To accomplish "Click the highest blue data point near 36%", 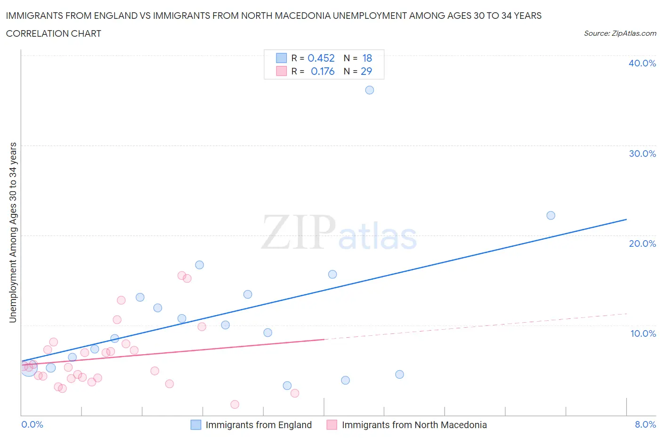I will pos(370,90).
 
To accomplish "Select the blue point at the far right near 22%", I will pos(551,215).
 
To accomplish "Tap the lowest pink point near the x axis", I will pos(235,404).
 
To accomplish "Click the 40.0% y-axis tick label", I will pos(642,63).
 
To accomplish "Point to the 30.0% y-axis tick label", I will pos(642,154).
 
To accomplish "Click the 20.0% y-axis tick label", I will pos(642,243).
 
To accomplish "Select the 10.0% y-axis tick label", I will pos(643,333).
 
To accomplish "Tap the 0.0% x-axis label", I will pos(32,424).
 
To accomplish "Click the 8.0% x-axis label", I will pos(645,424).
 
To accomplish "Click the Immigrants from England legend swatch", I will pos(196,425).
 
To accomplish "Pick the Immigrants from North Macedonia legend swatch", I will pos(332,425).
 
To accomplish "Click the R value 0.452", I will pos(321,58).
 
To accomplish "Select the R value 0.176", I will pos(323,71).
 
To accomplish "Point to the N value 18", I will pos(367,58).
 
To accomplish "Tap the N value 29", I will pos(366,71).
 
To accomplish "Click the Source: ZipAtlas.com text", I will pos(620,33).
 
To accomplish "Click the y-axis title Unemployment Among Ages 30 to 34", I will pos(13,233).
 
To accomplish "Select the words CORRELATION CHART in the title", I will pos(54,33).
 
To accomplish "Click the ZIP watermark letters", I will pos(299,232).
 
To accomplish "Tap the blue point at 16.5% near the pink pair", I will pos(200,265).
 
